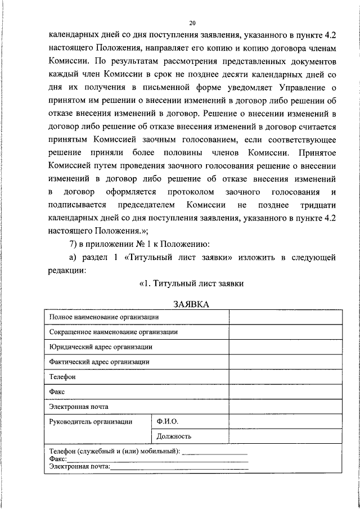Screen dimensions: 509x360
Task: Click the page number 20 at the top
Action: pyautogui.click(x=192, y=23)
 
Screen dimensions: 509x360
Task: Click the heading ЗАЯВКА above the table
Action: pyautogui.click(x=191, y=304)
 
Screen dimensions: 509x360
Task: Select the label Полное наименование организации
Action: pyautogui.click(x=103, y=317)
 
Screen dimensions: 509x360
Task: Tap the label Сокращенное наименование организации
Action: pyautogui.click(x=113, y=332)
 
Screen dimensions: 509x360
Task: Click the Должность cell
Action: pyautogui.click(x=174, y=436)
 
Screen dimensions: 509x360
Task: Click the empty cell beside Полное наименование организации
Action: pyautogui.click(x=285, y=317)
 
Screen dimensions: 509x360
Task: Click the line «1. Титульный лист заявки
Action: pyautogui.click(x=191, y=283)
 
